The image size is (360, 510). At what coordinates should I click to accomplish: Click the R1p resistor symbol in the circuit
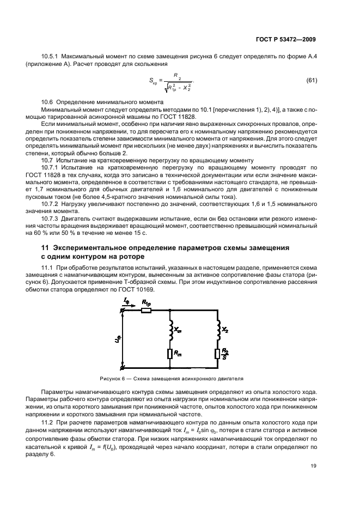[x=146, y=311]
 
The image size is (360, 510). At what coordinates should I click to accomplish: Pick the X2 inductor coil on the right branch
[x=217, y=329]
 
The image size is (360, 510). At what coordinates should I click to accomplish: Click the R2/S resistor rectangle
[x=217, y=355]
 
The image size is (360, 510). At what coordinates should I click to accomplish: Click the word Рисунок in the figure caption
[x=111, y=378]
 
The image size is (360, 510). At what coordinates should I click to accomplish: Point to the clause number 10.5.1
[x=50, y=57]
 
